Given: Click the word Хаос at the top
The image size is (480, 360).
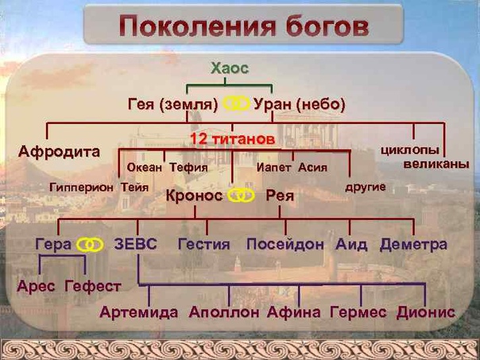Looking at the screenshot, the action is click(230, 68).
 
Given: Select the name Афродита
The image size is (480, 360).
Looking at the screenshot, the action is click(59, 152).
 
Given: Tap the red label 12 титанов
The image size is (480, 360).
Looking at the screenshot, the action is click(233, 139).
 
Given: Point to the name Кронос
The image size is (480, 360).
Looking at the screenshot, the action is click(194, 195).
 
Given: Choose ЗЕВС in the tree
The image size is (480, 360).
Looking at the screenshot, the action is click(136, 244).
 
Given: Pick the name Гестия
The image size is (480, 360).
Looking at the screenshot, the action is click(204, 244).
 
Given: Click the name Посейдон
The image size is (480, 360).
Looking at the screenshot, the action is click(285, 244).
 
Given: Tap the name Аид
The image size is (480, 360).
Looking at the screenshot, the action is click(351, 244).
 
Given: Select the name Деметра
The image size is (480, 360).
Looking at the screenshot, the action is click(413, 244).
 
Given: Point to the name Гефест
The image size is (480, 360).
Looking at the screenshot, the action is click(93, 287).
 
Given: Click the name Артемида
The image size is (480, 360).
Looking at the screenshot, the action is click(138, 312).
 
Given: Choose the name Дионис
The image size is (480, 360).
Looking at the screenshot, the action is click(426, 312).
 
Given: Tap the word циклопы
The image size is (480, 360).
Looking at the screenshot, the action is click(410, 150).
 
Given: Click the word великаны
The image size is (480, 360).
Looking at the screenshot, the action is click(436, 165).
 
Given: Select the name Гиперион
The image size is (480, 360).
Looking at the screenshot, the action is click(81, 188).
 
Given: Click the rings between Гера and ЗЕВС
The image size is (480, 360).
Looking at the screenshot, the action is click(90, 245).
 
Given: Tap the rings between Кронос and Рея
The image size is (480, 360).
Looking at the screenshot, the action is click(242, 195).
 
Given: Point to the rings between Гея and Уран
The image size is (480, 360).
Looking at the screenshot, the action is click(236, 103).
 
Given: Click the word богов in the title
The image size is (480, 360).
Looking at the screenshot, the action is click(327, 27).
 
